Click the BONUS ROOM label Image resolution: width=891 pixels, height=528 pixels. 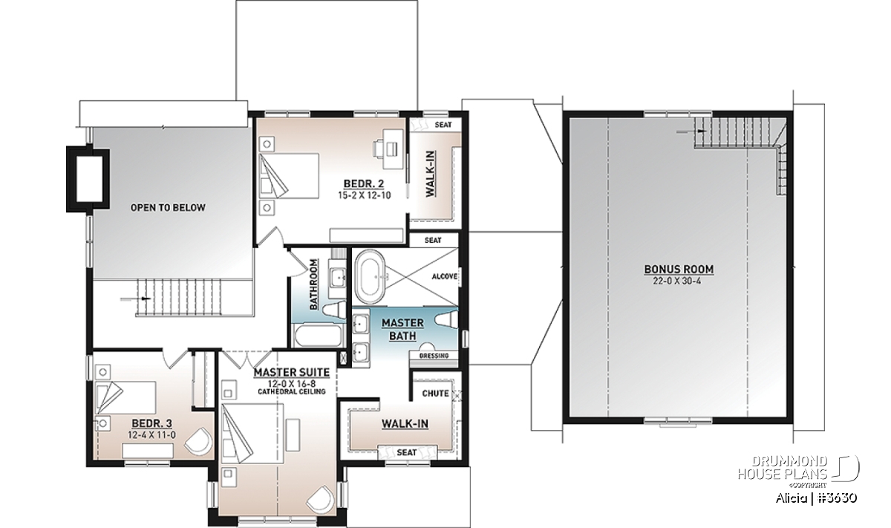point(679,270)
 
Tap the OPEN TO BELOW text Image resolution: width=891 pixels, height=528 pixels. point(168,208)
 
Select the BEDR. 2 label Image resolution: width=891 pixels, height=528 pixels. point(364,184)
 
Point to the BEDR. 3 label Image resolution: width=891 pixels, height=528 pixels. point(152,423)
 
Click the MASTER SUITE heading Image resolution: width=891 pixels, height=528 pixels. point(292,373)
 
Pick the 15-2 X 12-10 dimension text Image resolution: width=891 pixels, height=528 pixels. point(365,195)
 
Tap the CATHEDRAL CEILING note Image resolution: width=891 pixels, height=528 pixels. point(292,391)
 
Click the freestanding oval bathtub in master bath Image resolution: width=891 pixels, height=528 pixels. point(371,277)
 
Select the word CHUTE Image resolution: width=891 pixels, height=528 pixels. point(435,394)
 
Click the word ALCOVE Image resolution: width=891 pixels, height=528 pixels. point(445,276)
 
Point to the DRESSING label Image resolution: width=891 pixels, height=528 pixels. point(434,356)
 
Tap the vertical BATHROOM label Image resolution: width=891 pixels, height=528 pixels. point(314,284)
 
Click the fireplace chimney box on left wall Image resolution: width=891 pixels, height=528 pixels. point(88,179)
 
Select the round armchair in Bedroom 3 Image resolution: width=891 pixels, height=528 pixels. point(198,442)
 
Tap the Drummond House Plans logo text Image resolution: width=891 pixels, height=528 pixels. point(783,468)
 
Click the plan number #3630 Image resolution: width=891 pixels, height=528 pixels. point(838,498)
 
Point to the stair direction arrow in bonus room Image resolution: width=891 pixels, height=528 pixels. point(692,131)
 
